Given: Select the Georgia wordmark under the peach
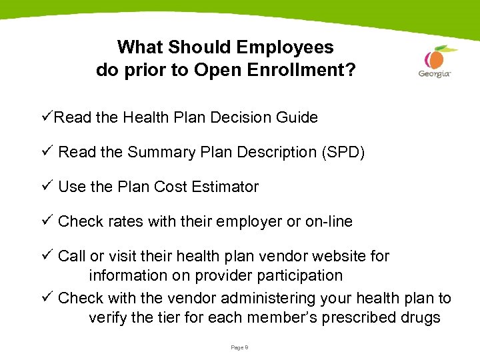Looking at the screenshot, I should tap(435, 73).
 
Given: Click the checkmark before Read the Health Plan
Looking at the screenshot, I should tap(48, 117).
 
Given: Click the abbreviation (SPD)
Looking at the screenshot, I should tap(343, 152).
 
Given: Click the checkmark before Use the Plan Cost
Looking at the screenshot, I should tap(48, 187).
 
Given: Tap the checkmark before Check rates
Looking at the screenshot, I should tap(48, 221).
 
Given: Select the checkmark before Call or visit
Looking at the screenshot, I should tap(48, 256).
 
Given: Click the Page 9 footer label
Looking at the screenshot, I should tap(239, 347).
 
